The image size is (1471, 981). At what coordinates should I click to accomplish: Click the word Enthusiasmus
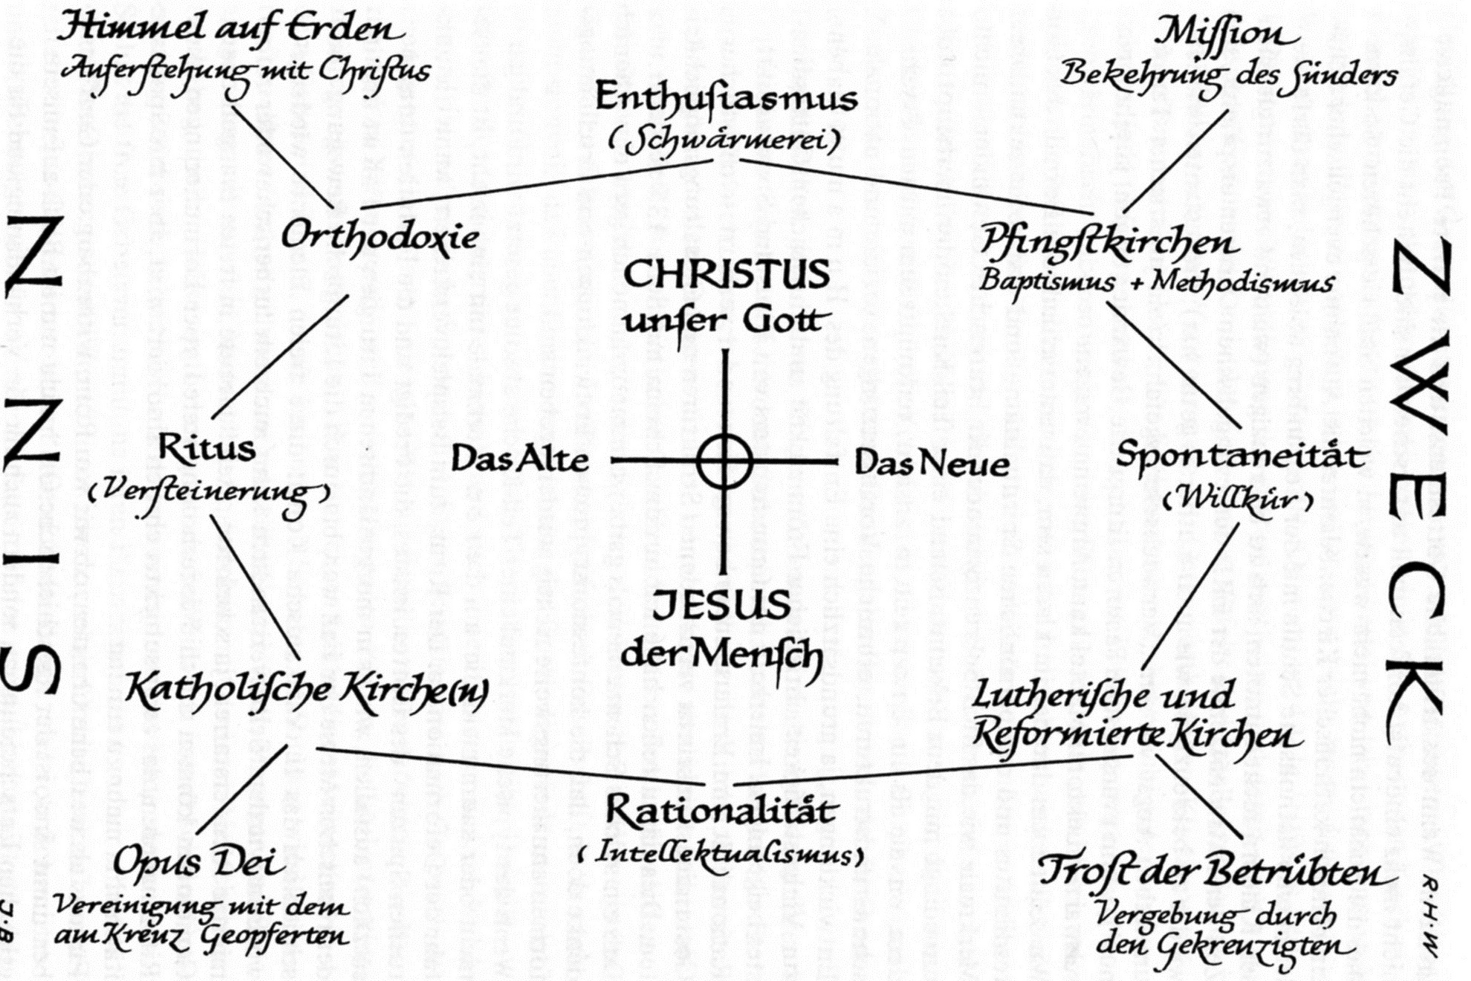coord(726,98)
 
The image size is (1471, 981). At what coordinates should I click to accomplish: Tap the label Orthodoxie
coord(380,236)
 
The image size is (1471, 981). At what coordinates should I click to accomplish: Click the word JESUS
coord(721,605)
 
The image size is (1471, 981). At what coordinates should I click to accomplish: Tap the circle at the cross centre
coord(724,462)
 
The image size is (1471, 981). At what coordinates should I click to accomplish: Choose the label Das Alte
coord(520,459)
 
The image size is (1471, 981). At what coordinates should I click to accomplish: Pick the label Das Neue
coord(932,463)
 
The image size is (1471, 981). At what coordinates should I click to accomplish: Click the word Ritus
coord(207,448)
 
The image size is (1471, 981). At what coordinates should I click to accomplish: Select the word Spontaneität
coord(1241,455)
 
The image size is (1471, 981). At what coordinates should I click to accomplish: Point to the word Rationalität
coord(721,810)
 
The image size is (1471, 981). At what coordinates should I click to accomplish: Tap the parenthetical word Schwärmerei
coord(724,139)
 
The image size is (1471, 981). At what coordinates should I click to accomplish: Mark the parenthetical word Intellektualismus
coord(721,852)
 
